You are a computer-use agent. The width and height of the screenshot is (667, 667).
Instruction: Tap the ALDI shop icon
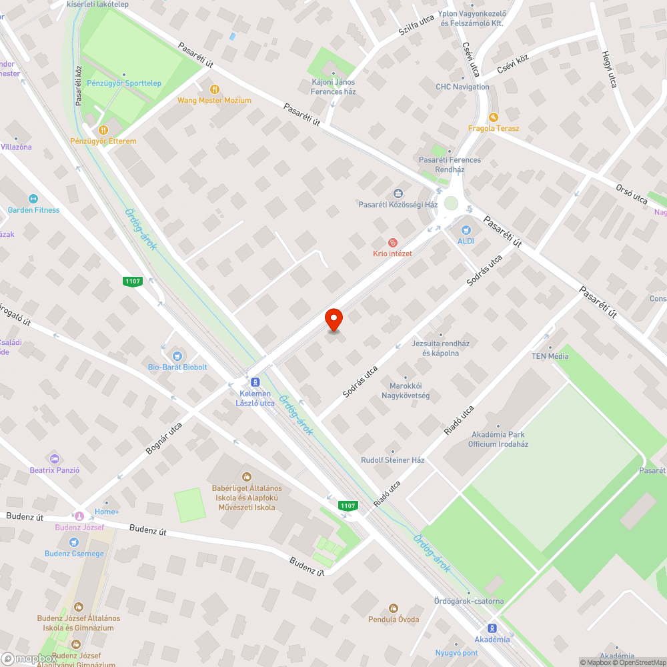[465, 229]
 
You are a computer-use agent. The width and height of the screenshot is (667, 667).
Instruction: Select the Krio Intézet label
[392, 253]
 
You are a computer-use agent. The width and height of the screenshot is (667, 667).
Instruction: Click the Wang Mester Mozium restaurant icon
[214, 89]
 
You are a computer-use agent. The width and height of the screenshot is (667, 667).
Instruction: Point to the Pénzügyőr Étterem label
[103, 141]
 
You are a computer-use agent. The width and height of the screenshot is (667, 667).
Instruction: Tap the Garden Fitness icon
[33, 198]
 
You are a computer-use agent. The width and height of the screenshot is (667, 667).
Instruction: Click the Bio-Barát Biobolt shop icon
[177, 356]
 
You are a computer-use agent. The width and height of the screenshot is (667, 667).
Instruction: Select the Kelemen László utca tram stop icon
[254, 382]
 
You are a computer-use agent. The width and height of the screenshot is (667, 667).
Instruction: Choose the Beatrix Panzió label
[55, 470]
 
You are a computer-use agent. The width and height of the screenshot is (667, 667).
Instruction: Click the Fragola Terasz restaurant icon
[494, 117]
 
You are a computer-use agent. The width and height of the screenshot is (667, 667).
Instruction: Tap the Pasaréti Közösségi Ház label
[398, 205]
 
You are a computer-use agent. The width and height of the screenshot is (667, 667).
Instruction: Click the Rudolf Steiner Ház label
[393, 460]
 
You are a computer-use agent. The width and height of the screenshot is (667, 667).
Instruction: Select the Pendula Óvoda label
[394, 619]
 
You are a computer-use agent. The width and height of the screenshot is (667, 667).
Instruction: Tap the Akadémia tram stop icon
[492, 628]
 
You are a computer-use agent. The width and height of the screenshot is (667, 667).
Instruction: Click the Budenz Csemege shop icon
[74, 542]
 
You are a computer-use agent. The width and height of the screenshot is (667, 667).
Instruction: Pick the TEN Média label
[550, 356]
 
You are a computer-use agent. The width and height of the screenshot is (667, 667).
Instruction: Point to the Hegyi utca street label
[609, 69]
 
